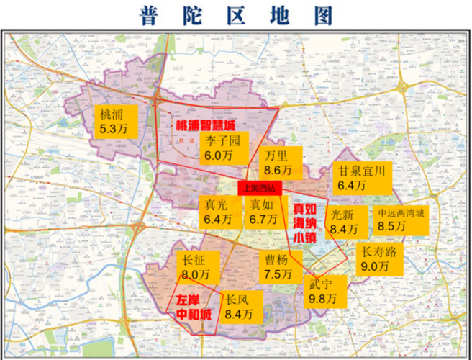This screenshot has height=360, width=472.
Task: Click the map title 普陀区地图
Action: [235, 14]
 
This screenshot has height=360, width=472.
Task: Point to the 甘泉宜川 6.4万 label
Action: [362, 178]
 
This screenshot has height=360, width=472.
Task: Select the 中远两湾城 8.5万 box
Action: [401, 220]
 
